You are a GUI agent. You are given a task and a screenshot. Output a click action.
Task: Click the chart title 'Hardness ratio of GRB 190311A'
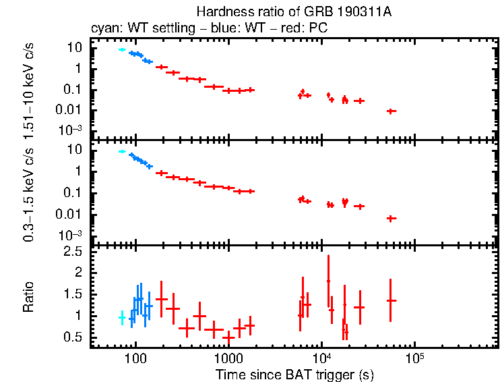coord(294,11)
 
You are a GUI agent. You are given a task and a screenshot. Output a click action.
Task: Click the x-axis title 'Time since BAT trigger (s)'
coord(294,373)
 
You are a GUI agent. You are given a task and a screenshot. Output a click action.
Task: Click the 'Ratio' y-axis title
coord(28,298)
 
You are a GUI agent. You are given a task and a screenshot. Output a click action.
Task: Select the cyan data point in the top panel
coord(122,50)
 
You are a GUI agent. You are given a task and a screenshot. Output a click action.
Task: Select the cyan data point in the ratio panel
coord(122,317)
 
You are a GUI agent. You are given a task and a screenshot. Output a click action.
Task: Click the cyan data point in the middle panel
coord(122,152)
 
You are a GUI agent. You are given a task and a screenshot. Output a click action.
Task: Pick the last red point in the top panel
coord(391,111)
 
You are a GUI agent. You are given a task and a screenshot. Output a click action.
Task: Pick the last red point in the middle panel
coord(391,218)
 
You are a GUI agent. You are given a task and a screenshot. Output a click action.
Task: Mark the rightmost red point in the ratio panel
coord(391,300)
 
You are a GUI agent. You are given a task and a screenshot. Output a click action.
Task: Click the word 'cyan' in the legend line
coord(103,29)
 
